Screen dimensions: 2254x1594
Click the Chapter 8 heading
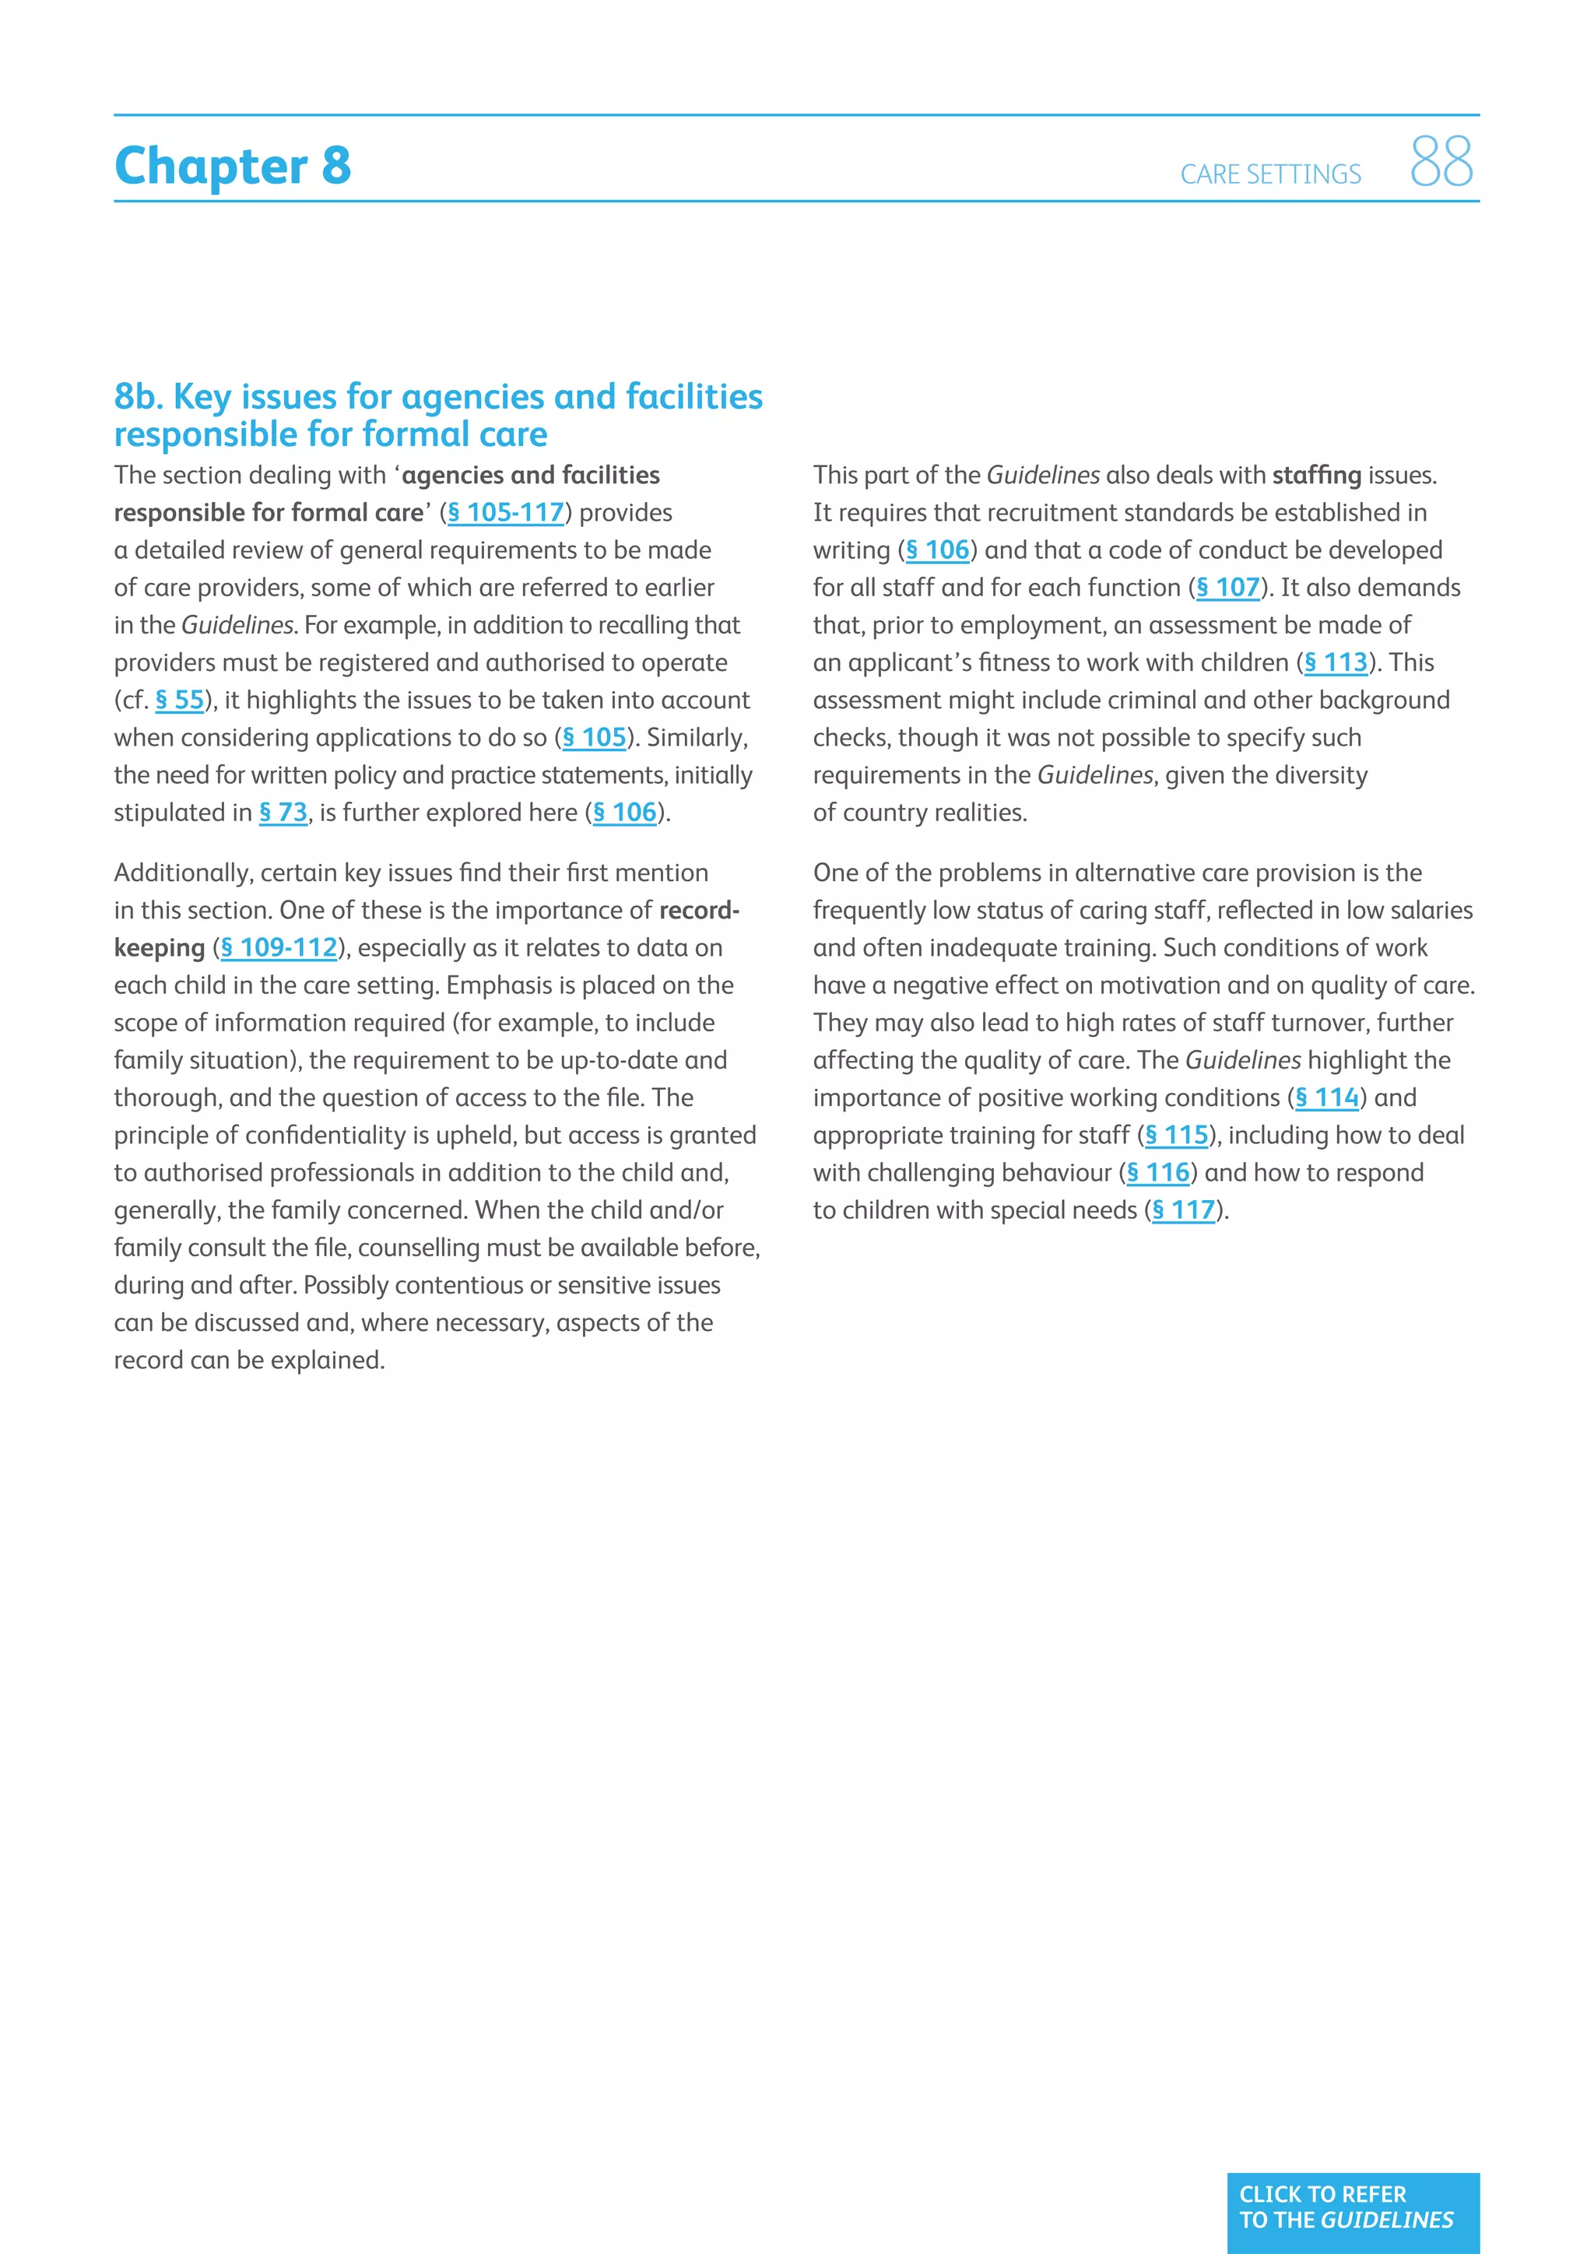[x=233, y=166]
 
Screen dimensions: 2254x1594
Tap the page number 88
[x=1441, y=162]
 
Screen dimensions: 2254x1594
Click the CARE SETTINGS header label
[x=1270, y=175]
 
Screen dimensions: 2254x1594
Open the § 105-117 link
[x=505, y=512]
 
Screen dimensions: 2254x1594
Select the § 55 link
[x=180, y=700]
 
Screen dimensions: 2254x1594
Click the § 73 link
[x=283, y=813]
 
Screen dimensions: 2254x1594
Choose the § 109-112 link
[x=279, y=947]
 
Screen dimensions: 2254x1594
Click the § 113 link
[x=1335, y=662]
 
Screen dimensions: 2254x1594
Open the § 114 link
[x=1326, y=1097]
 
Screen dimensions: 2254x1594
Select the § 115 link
[x=1176, y=1135]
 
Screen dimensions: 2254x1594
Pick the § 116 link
[x=1157, y=1172]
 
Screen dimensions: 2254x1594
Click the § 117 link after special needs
[x=1183, y=1210]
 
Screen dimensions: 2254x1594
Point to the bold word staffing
[x=1316, y=475]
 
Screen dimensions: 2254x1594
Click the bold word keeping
[x=159, y=947]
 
